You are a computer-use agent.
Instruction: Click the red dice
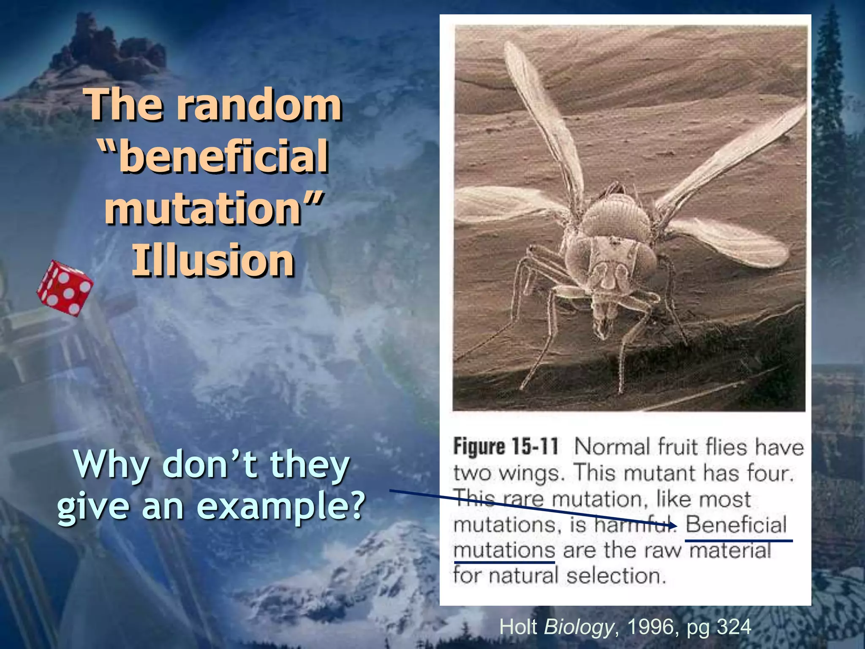click(x=65, y=288)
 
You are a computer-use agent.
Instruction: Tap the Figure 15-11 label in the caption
click(x=506, y=447)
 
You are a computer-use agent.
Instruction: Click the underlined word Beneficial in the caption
click(x=736, y=524)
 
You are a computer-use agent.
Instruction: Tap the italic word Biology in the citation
click(x=579, y=627)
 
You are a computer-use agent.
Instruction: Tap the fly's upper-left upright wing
click(x=539, y=114)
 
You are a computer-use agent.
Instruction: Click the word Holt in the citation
click(x=518, y=627)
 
